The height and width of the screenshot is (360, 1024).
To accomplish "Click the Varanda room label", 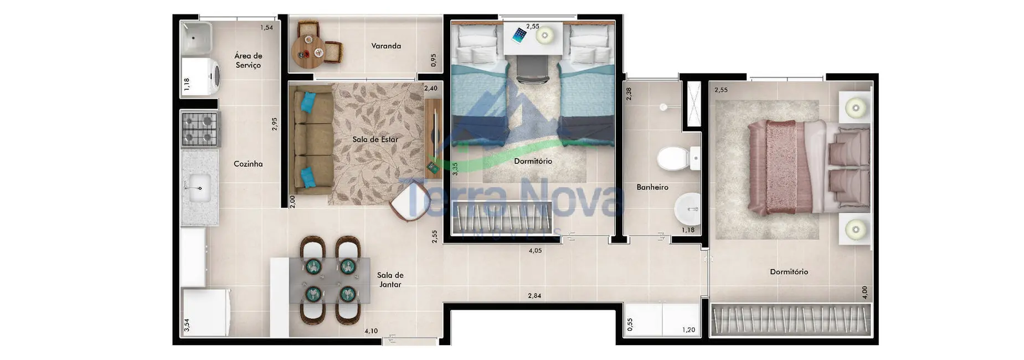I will (386, 46).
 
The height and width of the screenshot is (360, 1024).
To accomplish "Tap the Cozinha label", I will (248, 164).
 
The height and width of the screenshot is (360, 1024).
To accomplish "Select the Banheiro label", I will (652, 187).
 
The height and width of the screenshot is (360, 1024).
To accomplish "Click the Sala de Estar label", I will (375, 140).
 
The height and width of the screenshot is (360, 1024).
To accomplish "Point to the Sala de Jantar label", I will (390, 280).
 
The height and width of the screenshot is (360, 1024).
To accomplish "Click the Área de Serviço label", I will (248, 60).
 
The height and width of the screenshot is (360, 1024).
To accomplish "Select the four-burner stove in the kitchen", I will (199, 128).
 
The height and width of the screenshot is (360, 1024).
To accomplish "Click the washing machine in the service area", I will (201, 76).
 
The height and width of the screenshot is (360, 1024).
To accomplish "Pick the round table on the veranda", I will (308, 51).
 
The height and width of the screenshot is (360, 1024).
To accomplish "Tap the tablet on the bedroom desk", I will (519, 35).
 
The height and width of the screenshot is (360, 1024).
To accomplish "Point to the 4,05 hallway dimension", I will (535, 251).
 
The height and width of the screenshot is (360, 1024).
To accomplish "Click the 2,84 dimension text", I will (534, 296).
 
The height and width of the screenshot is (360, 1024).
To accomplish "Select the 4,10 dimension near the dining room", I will (371, 331).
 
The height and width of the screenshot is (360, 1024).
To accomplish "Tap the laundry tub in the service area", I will (196, 38).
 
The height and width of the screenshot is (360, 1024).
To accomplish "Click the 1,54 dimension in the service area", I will (266, 28).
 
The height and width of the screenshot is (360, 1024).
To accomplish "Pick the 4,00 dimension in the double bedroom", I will (865, 292).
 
